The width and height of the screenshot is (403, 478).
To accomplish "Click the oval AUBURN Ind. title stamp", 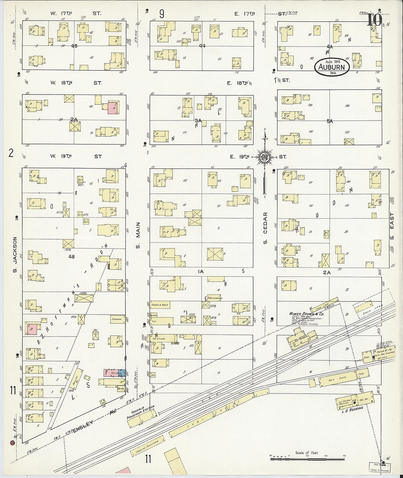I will point(332,67).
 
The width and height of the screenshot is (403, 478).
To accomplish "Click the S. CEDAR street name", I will point(265,227).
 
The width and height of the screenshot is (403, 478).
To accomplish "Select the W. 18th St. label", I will point(75,83).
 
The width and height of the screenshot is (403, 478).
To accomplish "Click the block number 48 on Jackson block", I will point(71,257).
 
